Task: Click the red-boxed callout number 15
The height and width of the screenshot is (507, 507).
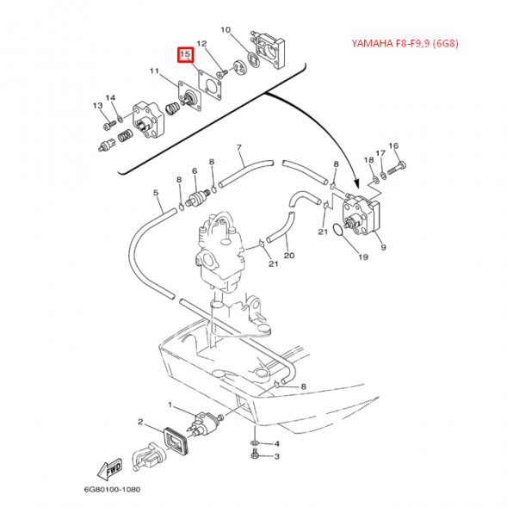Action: pos(184,54)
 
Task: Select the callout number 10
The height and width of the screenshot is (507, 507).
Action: pos(226,30)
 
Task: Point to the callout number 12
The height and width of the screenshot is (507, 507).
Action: pos(201,43)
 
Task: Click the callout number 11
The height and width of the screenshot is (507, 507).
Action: pos(155,71)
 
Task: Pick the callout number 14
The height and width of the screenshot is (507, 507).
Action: pos(110,97)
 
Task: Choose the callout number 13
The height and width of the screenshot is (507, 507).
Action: pos(97,106)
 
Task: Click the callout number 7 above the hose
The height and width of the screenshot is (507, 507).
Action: pos(238,147)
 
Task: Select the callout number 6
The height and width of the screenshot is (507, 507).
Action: pos(195,171)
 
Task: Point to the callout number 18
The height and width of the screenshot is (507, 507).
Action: pos(368,160)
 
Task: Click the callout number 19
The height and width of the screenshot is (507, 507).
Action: pos(362,257)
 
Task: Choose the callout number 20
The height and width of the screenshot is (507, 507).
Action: pos(289,256)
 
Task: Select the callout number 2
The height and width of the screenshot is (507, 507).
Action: pos(139,422)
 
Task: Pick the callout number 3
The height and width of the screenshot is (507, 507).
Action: pos(277,457)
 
